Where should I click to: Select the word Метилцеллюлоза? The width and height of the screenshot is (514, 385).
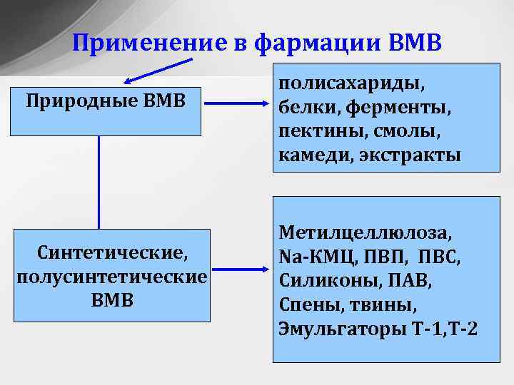tap(366, 232)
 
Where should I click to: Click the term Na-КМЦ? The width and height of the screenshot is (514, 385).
tap(316, 256)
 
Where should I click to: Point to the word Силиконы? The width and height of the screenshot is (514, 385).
tap(322, 280)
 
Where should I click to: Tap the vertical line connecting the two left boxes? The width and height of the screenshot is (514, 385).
tap(99, 182)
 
